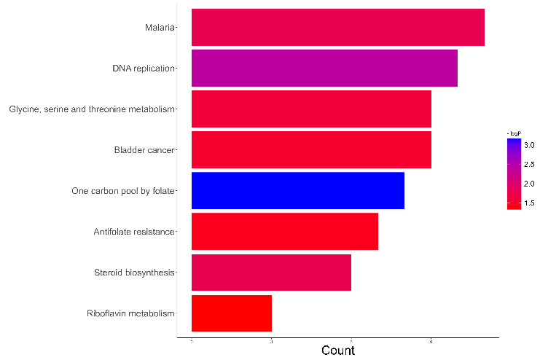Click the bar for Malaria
click(x=337, y=28)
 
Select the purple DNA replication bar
click(x=324, y=69)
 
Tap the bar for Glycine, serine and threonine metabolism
click(x=311, y=109)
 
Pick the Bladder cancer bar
click(x=311, y=150)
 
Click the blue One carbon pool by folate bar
click(x=297, y=191)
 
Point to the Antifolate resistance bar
click(x=284, y=232)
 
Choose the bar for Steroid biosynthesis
click(x=271, y=273)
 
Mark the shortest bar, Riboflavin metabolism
click(x=231, y=313)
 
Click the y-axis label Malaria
click(x=160, y=28)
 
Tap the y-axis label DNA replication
click(x=144, y=69)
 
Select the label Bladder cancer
click(x=144, y=150)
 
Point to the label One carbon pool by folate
click(x=123, y=191)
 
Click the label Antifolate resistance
click(x=134, y=232)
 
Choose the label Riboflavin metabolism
click(x=130, y=313)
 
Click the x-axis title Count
click(x=337, y=351)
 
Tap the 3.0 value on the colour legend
click(x=529, y=146)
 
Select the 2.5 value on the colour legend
click(x=529, y=165)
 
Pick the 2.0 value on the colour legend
click(x=529, y=184)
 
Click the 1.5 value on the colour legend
click(x=529, y=203)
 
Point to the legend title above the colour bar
click(x=514, y=134)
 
